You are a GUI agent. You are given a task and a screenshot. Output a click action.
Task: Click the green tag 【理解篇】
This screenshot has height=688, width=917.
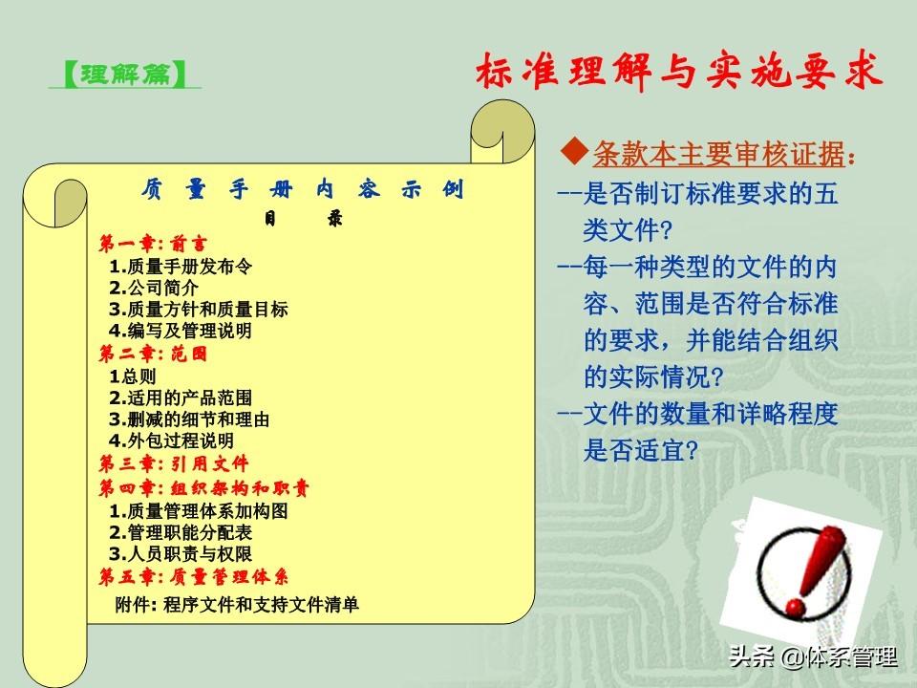click(x=124, y=75)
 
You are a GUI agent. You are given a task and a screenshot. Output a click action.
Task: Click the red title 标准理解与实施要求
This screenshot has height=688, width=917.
click(x=678, y=73)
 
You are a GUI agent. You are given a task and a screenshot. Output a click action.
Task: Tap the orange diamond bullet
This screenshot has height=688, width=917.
click(x=574, y=152)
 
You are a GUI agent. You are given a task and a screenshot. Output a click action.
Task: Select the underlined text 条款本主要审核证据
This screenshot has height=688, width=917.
click(x=718, y=155)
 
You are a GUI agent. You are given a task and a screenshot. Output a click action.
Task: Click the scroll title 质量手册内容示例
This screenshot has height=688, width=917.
click(x=302, y=189)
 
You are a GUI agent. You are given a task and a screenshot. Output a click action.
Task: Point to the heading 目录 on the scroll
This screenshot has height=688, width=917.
click(x=303, y=219)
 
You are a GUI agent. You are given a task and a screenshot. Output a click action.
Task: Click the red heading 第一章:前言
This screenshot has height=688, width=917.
click(x=153, y=244)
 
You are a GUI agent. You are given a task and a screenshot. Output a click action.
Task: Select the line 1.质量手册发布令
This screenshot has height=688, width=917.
click(x=181, y=267)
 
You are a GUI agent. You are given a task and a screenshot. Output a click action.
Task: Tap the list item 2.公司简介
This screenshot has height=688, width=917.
click(x=153, y=288)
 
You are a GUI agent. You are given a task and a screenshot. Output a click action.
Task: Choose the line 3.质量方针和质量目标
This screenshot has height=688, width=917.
click(x=199, y=310)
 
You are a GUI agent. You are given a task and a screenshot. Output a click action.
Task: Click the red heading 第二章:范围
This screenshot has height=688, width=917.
click(x=153, y=354)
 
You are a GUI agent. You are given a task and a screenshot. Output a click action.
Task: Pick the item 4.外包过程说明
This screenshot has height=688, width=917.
click(x=171, y=441)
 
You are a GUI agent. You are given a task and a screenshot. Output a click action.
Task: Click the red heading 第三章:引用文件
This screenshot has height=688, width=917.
click(x=174, y=464)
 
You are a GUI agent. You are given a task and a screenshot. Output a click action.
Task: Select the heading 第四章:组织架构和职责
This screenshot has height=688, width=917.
click(x=203, y=488)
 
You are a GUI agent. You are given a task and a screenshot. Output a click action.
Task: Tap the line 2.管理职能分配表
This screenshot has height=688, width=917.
click(x=181, y=532)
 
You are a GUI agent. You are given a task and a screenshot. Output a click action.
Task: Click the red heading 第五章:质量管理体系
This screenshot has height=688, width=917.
click(x=194, y=577)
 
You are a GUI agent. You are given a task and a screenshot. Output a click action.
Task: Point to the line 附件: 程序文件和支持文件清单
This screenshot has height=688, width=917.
click(x=237, y=604)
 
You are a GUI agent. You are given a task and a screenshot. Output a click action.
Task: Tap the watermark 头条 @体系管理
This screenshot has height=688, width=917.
click(x=813, y=657)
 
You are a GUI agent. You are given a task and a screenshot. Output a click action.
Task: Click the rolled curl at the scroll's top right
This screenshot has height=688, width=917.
click(x=502, y=132)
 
